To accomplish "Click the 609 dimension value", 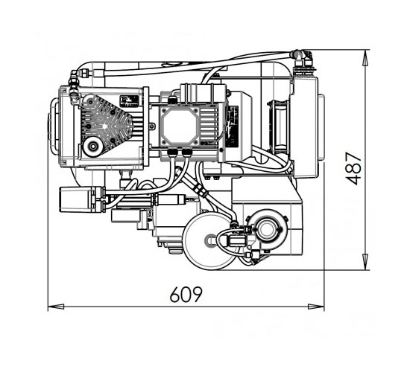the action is pyautogui.click(x=186, y=294).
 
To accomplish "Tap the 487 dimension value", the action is pyautogui.click(x=353, y=168).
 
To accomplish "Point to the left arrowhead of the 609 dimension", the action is pyautogui.click(x=56, y=307).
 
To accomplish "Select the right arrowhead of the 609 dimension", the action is pyautogui.click(x=316, y=307).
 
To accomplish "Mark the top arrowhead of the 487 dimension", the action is pyautogui.click(x=365, y=57).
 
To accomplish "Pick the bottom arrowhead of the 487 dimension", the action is pyautogui.click(x=365, y=262).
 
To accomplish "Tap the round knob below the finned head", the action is pyautogui.click(x=92, y=147).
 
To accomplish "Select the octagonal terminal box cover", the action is pyautogui.click(x=179, y=126).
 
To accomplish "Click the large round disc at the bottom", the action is pyautogui.click(x=209, y=240).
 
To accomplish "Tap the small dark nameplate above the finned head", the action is pyautogui.click(x=129, y=100).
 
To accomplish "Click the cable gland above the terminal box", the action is pyautogui.click(x=173, y=100).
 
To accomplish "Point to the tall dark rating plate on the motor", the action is pyautogui.click(x=233, y=126).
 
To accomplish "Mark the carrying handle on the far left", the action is pyautogui.click(x=53, y=126).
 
